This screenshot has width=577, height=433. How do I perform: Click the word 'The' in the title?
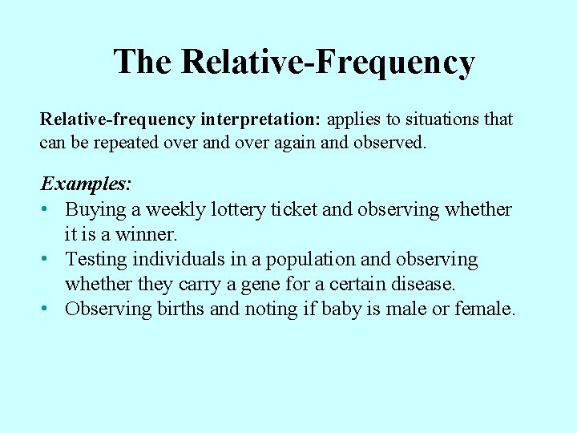click(x=143, y=62)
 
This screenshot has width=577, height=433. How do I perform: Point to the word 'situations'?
click(x=438, y=119)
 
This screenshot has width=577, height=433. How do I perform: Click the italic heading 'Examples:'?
click(x=86, y=184)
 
